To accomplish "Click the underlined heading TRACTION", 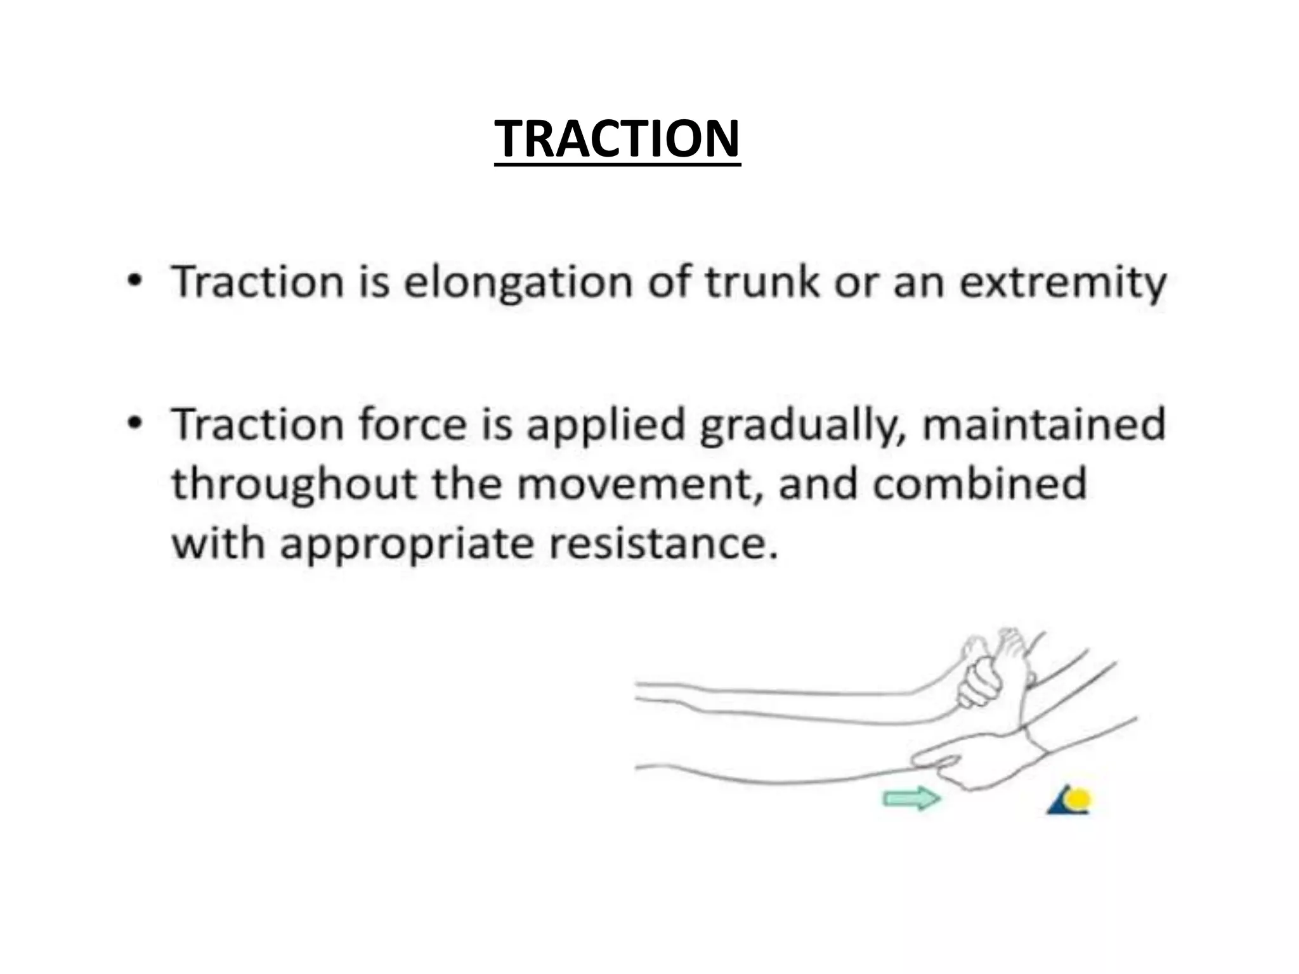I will point(617,139).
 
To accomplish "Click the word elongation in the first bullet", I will point(518,282).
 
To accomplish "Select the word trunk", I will point(762,282).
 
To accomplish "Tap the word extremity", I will point(1062,283).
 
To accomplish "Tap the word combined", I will point(979,484).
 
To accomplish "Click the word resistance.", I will point(662,544).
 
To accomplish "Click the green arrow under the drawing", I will point(911,798).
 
